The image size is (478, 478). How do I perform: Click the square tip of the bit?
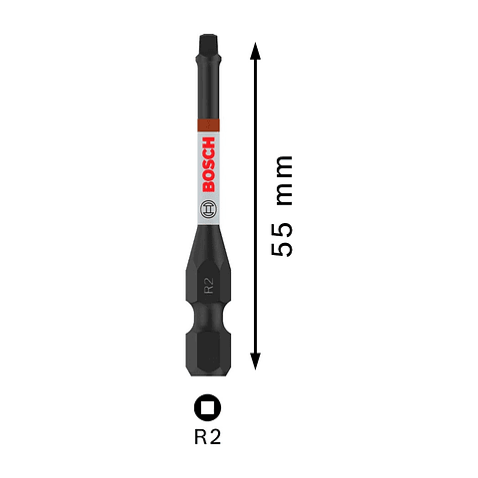[x=208, y=45]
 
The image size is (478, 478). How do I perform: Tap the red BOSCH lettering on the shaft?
[x=208, y=170]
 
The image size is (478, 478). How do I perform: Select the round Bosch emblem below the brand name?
[x=208, y=210]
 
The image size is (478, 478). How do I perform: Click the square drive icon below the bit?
[x=208, y=407]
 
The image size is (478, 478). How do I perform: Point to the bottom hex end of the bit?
[x=208, y=357]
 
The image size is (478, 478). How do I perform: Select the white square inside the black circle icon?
[x=208, y=407]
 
